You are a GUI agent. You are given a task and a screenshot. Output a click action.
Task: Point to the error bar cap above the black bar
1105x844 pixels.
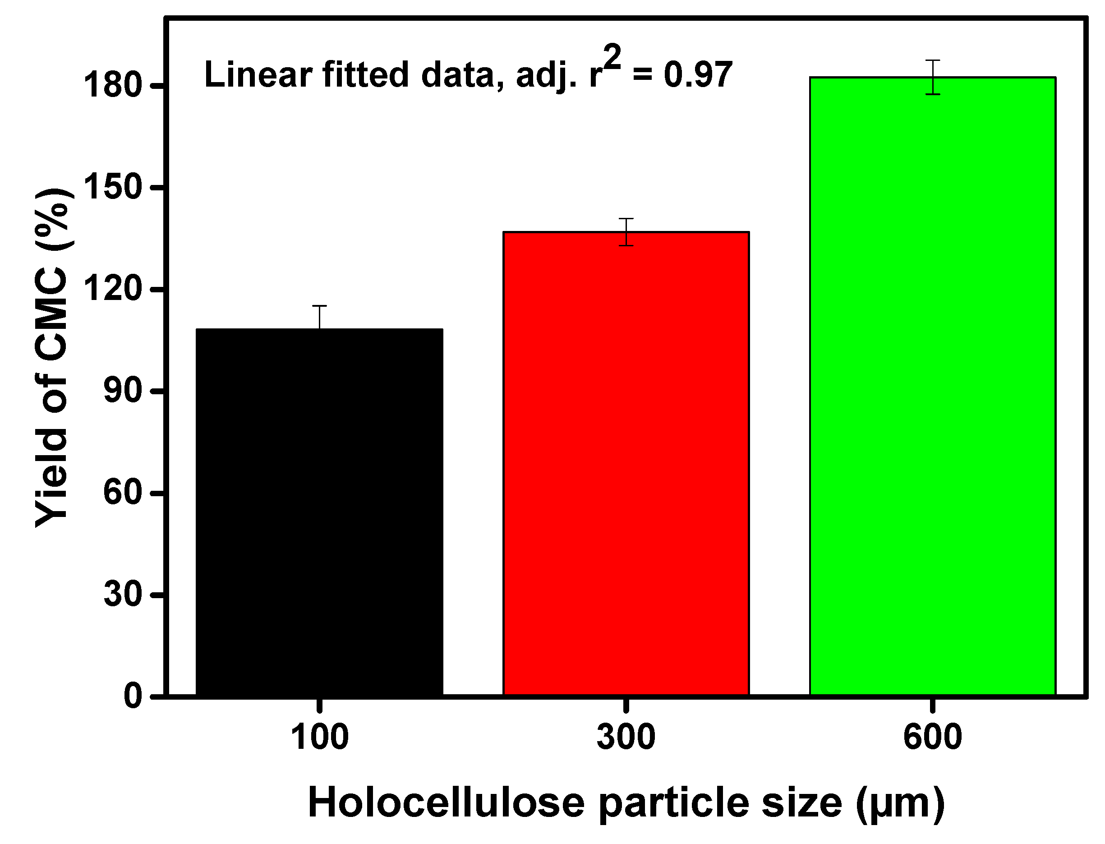[x=319, y=306]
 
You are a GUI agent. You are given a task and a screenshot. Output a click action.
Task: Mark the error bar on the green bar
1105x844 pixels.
[x=933, y=77]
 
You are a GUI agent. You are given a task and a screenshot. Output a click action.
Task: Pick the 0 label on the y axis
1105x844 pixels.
[x=133, y=696]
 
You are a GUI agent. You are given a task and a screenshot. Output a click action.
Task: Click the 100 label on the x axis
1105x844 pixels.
[x=319, y=738]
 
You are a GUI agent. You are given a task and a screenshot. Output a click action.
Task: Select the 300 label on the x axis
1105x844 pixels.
[x=626, y=738]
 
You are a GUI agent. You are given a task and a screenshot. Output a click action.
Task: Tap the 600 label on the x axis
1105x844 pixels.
[x=932, y=738]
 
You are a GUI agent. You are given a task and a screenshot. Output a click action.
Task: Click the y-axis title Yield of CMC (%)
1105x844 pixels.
[x=52, y=358]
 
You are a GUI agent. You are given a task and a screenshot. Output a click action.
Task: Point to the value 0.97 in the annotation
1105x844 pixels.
[x=698, y=75]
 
